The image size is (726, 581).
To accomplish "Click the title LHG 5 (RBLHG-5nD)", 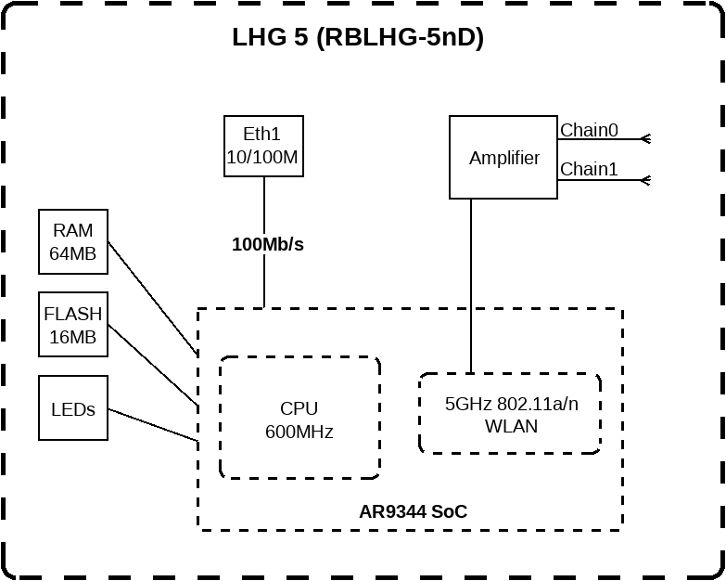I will click(x=358, y=38).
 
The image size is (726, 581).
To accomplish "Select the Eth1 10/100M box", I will click(x=263, y=146).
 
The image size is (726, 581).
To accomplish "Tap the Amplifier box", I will click(x=503, y=157).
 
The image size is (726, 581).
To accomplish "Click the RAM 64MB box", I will click(x=73, y=241).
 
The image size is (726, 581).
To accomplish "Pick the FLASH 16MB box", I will click(x=73, y=324).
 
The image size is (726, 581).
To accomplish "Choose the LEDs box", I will click(x=73, y=407).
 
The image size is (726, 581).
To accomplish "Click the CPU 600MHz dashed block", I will click(x=299, y=419).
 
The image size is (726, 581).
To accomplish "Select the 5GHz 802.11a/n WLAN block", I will click(x=510, y=414).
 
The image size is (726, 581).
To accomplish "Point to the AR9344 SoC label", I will click(x=414, y=511).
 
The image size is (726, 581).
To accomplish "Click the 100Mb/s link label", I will click(x=268, y=245).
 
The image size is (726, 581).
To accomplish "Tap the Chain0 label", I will click(x=589, y=130).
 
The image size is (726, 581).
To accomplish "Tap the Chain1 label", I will click(x=589, y=169).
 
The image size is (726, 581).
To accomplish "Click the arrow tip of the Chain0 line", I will click(x=644, y=139).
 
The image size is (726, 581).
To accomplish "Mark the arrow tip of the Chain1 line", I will click(x=644, y=179).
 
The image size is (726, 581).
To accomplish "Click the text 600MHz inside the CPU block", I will click(x=299, y=432).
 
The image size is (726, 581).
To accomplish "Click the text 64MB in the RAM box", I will click(x=73, y=253).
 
